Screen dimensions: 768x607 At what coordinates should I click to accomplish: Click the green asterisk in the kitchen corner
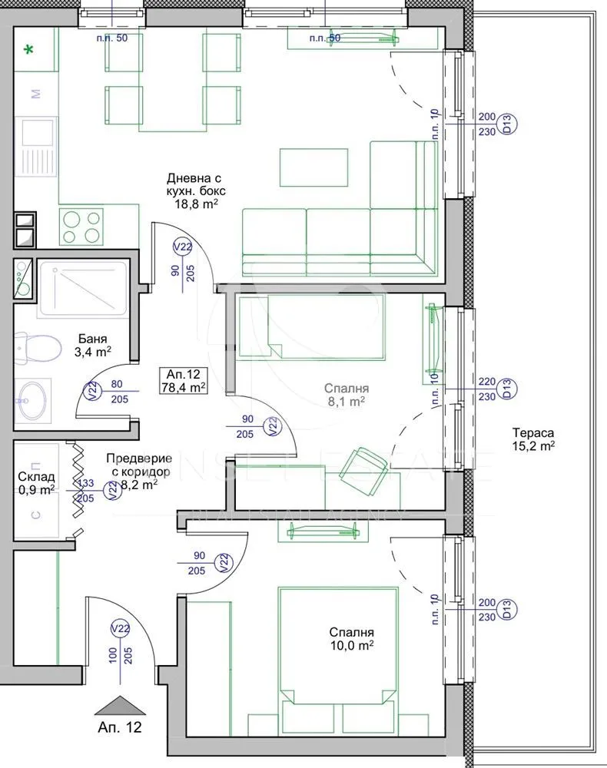[29, 51]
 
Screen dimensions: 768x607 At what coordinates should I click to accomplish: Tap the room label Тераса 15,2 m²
[532, 439]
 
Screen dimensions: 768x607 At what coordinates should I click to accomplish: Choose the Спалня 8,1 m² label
[344, 395]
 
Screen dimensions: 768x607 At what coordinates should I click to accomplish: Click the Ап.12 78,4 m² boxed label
[182, 380]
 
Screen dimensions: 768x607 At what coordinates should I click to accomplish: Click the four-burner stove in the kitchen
[81, 227]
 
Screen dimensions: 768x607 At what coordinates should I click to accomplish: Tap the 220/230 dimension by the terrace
[486, 389]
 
